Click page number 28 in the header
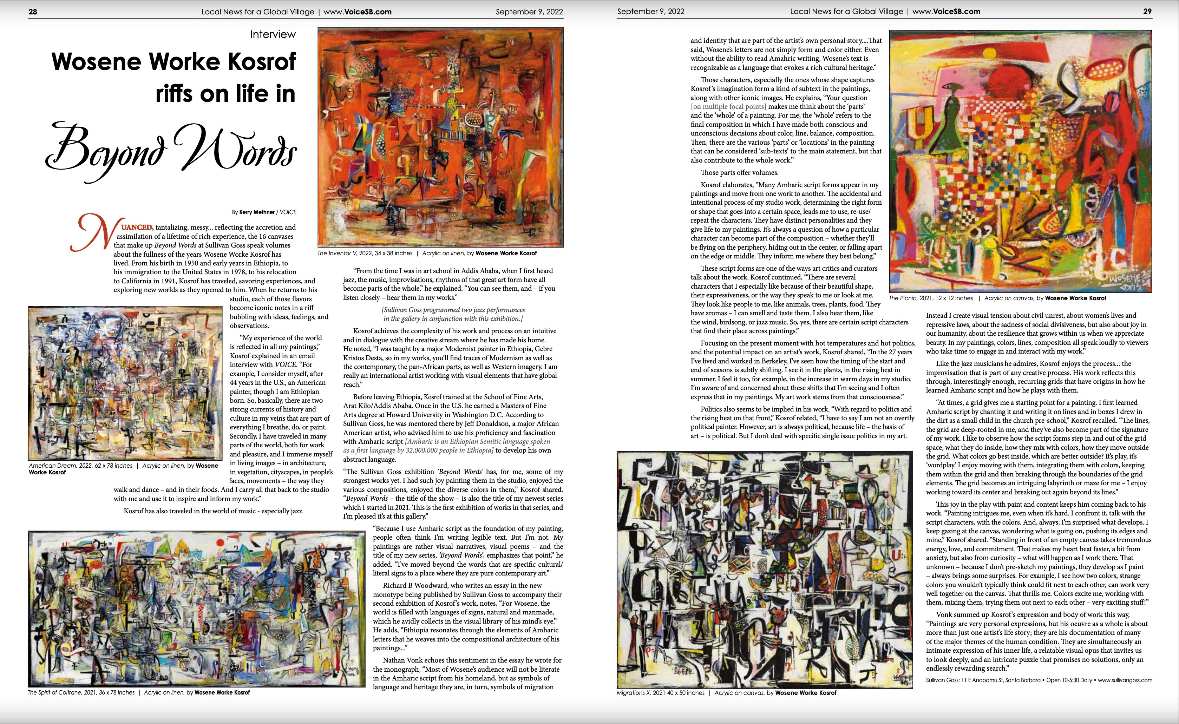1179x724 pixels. [x=33, y=12]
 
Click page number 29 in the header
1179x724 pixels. [x=1147, y=12]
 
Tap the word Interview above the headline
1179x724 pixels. [x=273, y=34]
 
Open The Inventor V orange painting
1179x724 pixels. [x=440, y=137]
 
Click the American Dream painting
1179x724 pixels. [x=125, y=383]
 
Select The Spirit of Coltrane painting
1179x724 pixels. [x=196, y=608]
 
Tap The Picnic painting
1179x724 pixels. [x=1020, y=162]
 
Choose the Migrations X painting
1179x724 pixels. [x=764, y=570]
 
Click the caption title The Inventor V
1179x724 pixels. [x=338, y=253]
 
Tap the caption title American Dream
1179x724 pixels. [x=51, y=466]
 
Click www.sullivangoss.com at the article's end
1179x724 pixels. [x=1125, y=680]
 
